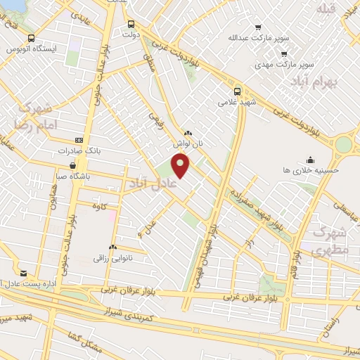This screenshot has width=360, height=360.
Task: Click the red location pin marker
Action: click(x=181, y=166)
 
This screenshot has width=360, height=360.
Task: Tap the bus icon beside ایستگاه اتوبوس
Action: click(x=30, y=39)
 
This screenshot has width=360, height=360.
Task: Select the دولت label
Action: click(x=132, y=33)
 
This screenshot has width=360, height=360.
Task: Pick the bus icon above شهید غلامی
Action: click(x=237, y=91)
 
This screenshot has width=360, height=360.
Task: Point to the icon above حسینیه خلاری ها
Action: click(x=310, y=159)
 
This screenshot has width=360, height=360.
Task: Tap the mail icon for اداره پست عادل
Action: click(x=23, y=273)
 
